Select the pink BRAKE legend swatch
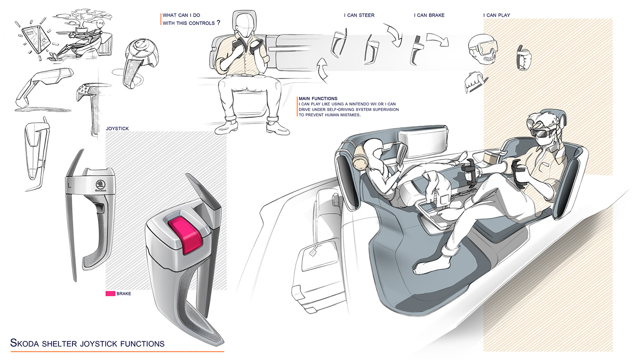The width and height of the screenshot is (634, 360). tap(110, 293)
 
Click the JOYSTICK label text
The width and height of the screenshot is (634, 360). tap(117, 129)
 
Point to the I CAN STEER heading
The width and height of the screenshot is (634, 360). tap(359, 15)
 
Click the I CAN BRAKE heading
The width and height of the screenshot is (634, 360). tap(429, 15)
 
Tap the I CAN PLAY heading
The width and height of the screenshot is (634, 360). tap(496, 15)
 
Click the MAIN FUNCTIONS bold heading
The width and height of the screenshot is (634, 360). tap(317, 98)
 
